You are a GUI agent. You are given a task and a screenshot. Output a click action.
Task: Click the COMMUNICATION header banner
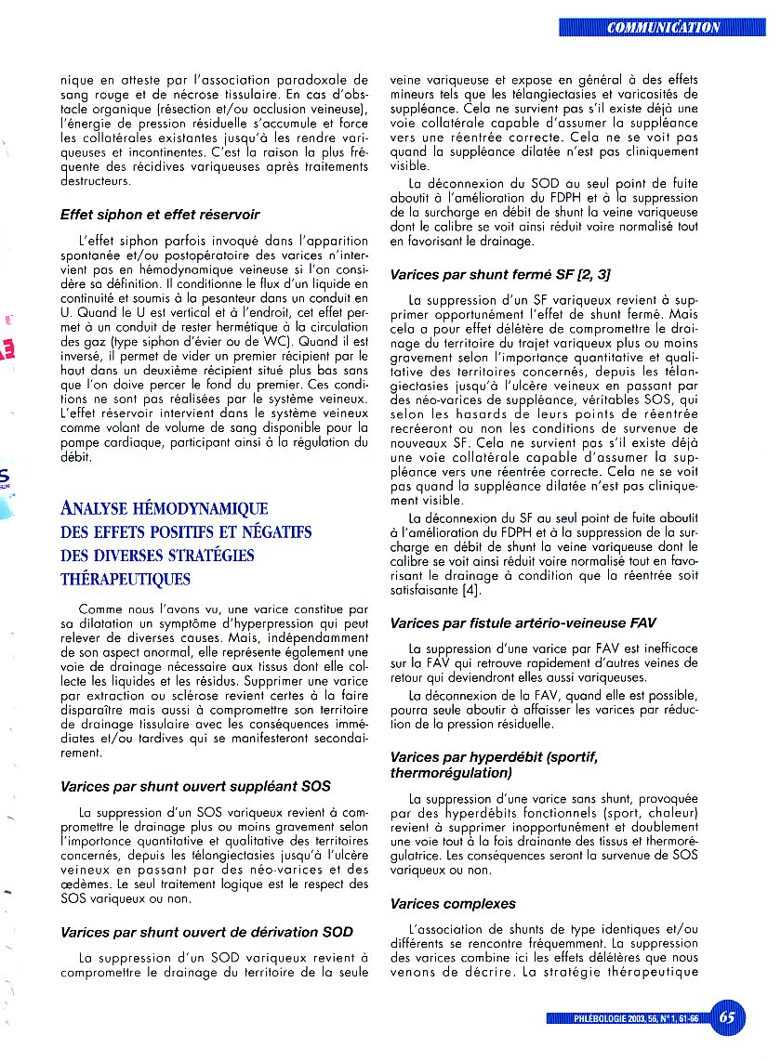[x=663, y=27]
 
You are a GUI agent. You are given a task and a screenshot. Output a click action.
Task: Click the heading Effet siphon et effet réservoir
[x=160, y=215]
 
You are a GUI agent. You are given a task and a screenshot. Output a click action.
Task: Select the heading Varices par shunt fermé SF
[x=500, y=275]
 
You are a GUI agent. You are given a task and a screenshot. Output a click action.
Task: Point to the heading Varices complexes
[x=453, y=903]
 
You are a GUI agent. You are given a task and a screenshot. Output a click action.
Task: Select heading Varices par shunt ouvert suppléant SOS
[x=195, y=786]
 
